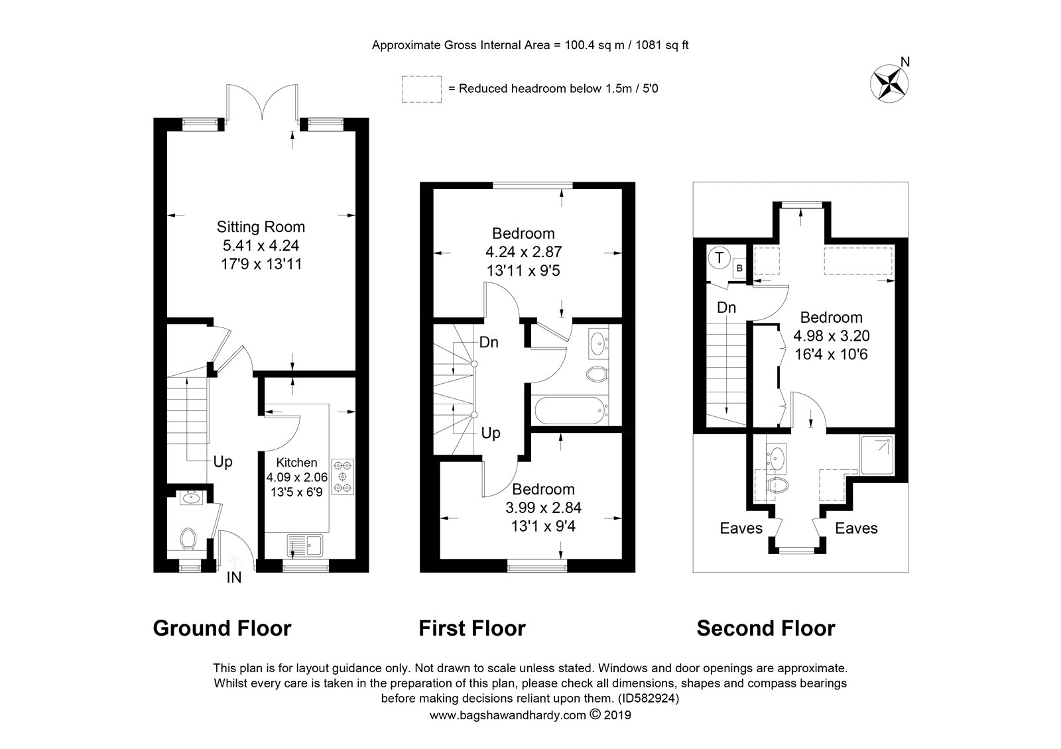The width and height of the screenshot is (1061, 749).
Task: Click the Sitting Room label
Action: (x=261, y=227)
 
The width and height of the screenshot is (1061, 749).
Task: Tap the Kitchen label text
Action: (x=296, y=462)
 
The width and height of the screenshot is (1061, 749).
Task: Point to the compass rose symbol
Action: (x=889, y=84)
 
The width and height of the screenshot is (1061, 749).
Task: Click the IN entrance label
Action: (x=234, y=577)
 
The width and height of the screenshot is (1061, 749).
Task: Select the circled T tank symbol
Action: (x=719, y=258)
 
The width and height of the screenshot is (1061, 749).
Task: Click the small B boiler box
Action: (x=739, y=268)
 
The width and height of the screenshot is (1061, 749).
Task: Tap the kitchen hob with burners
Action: (x=342, y=477)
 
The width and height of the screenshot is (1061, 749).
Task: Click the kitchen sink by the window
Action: (x=304, y=546)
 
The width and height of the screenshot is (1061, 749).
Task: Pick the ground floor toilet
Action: (x=188, y=540)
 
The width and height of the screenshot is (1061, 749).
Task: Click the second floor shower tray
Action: (x=877, y=455)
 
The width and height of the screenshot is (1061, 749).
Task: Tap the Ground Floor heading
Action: (x=221, y=628)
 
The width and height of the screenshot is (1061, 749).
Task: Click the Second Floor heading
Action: (x=766, y=628)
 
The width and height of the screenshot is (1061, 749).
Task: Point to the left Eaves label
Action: (x=741, y=528)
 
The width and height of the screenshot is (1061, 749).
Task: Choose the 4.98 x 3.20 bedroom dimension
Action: (x=832, y=335)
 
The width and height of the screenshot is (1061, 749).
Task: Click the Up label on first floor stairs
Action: (x=491, y=433)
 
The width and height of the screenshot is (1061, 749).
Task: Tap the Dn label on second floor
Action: (x=726, y=308)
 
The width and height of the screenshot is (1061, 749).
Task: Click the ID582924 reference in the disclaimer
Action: (x=649, y=699)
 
